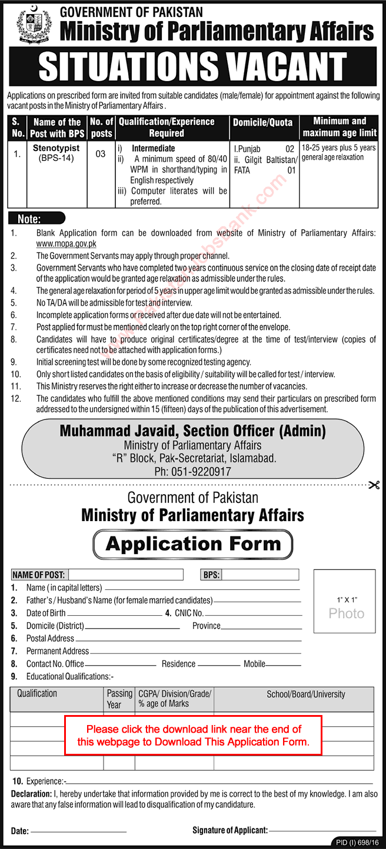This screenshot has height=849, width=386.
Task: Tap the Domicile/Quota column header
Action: point(262,122)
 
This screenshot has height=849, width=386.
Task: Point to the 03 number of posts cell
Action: point(101,154)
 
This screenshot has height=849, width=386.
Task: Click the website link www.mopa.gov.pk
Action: point(66,243)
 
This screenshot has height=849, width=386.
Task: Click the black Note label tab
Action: point(29,219)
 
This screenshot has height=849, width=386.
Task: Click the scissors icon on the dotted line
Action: point(373,485)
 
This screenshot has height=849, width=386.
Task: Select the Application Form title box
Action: point(192,544)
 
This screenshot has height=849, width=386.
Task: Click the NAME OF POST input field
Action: point(126,575)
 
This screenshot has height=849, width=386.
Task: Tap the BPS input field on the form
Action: point(259,575)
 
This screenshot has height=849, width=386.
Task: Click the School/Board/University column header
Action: point(306,694)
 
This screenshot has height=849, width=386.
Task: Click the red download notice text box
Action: point(193,736)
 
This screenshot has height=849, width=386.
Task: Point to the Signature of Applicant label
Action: point(229,830)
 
